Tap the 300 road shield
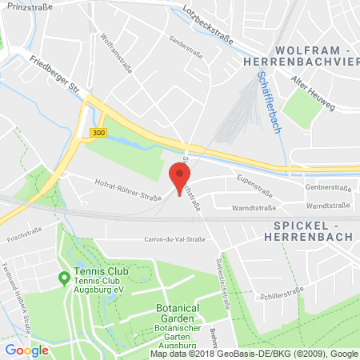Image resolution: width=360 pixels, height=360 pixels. coord(98,131)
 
